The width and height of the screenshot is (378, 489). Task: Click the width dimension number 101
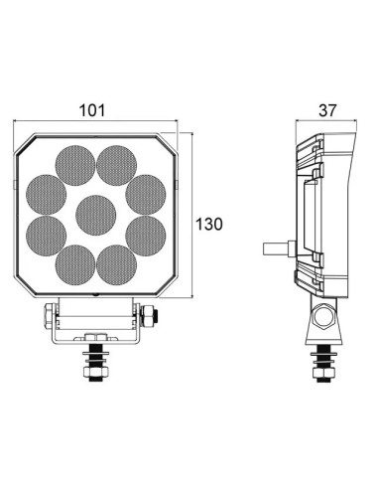(90, 110)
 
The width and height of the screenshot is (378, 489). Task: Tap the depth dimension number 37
(325, 110)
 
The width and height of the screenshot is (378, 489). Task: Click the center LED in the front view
(94, 213)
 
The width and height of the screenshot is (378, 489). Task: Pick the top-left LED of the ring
(73, 162)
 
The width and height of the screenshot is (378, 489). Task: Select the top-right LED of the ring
(115, 162)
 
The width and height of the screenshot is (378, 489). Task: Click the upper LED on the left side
(45, 191)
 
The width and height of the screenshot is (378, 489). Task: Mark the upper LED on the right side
(145, 191)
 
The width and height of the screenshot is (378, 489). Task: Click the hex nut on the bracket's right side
(150, 317)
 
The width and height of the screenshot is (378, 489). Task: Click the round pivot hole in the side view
(323, 318)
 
